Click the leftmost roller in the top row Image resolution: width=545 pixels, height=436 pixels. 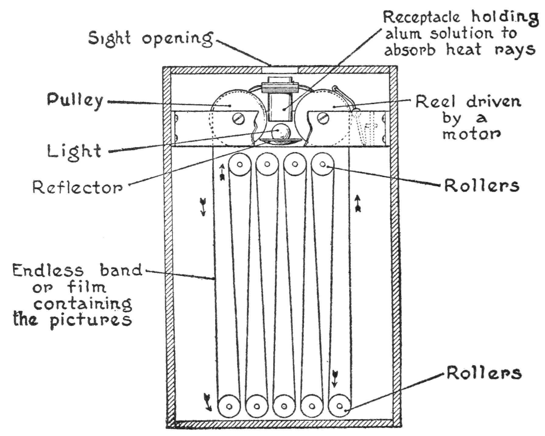point(240,165)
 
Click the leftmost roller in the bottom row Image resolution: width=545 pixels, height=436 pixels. point(229,406)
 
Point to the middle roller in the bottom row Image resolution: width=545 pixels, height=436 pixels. point(284,406)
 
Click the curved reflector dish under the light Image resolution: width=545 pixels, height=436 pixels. point(280,141)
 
